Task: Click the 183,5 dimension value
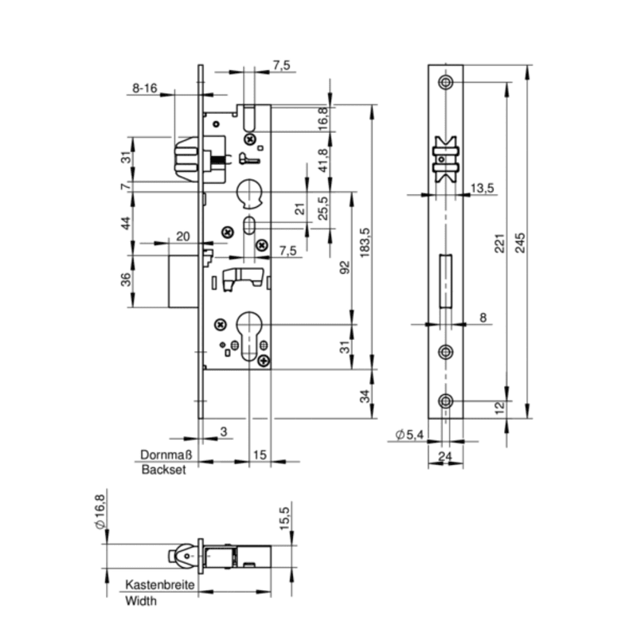pyautogui.click(x=365, y=242)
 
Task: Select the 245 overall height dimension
pyautogui.click(x=520, y=243)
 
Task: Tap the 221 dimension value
pyautogui.click(x=499, y=243)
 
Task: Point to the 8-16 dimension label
pyautogui.click(x=145, y=88)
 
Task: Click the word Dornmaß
pyautogui.click(x=166, y=455)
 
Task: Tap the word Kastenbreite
pyautogui.click(x=160, y=584)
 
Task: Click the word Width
pyautogui.click(x=141, y=600)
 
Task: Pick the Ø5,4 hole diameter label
pyautogui.click(x=409, y=435)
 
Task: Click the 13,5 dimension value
pyautogui.click(x=483, y=188)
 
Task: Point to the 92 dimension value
pyautogui.click(x=345, y=268)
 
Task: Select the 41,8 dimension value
pyautogui.click(x=323, y=161)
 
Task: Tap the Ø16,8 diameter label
pyautogui.click(x=100, y=512)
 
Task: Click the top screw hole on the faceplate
pyautogui.click(x=446, y=82)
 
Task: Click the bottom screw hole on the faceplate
pyautogui.click(x=446, y=401)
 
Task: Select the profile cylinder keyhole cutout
pyautogui.click(x=248, y=335)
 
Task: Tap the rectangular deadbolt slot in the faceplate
pyautogui.click(x=446, y=281)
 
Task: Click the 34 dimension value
pyautogui.click(x=365, y=396)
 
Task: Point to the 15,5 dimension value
pyautogui.click(x=284, y=518)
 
